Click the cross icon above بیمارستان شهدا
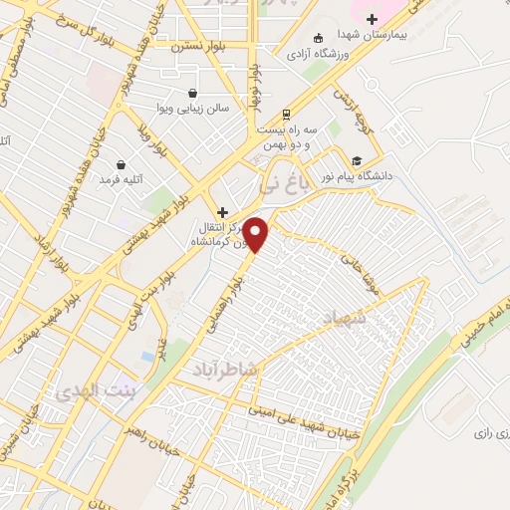point(372,18)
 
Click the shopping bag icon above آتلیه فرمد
point(122,164)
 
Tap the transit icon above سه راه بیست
point(287,112)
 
